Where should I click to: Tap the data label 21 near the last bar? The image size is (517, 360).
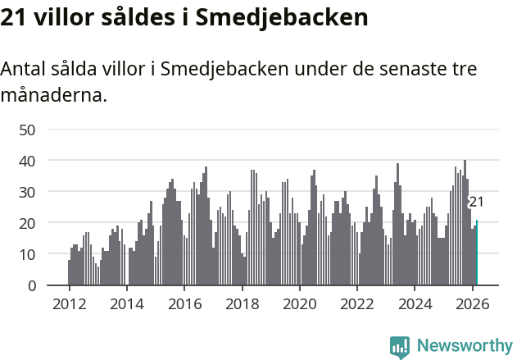point(476,202)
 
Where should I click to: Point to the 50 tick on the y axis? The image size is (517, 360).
point(27,130)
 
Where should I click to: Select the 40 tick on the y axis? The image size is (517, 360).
point(27,161)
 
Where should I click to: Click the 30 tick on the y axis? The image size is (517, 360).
point(27,192)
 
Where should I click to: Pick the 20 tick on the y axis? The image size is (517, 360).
point(27,223)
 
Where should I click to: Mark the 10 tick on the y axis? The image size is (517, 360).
point(27,254)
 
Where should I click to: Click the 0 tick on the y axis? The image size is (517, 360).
point(32,285)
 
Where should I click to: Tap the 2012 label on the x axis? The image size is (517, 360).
point(69,303)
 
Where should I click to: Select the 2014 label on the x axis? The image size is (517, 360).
point(126,303)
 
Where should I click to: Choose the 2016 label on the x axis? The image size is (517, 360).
point(184,303)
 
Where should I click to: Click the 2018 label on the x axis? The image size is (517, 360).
point(242,303)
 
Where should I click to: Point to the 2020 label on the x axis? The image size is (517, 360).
point(300,303)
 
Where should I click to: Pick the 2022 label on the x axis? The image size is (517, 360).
point(357,303)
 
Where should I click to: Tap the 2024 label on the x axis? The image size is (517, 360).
point(415,303)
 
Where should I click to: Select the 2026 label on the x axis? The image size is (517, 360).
point(473,303)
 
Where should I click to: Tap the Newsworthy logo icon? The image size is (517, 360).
point(400,346)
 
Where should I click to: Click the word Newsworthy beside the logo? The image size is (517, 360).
point(464,346)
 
